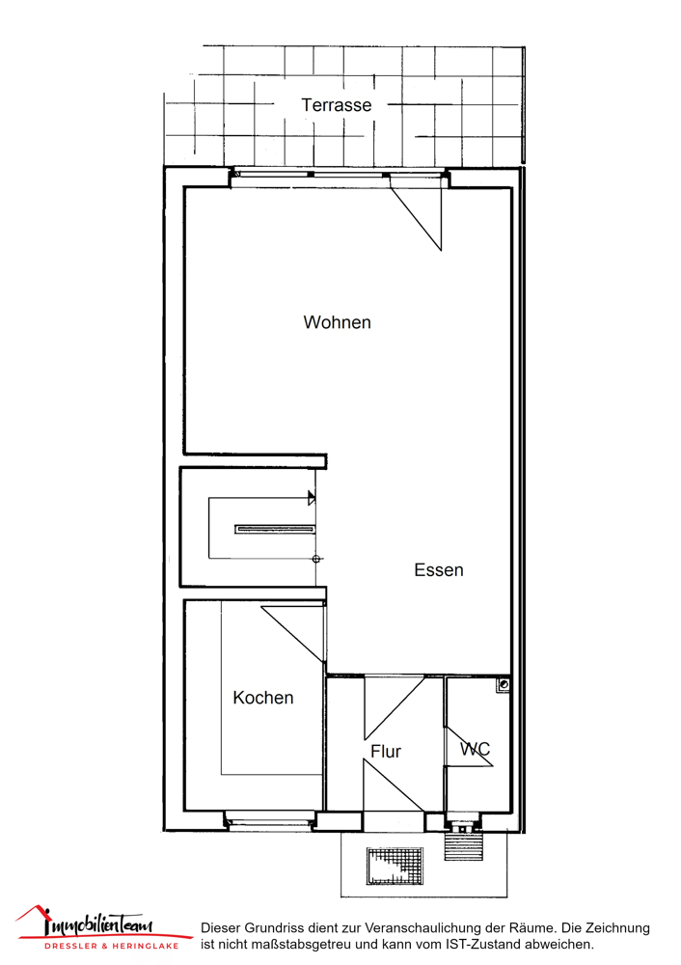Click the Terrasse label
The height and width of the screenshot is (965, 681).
tap(337, 105)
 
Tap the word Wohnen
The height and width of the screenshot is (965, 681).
tap(337, 322)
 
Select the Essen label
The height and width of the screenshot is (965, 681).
tap(439, 570)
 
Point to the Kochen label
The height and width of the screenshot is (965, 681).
tap(263, 698)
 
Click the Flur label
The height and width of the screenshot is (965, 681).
tap(386, 752)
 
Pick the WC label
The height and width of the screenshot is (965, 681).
tap(475, 749)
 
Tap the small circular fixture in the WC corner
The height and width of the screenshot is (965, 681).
tap(504, 684)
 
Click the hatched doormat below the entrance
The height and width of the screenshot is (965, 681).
tap(395, 866)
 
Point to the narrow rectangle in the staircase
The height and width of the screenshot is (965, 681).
tap(275, 529)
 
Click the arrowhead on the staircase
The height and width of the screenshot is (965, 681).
tap(312, 498)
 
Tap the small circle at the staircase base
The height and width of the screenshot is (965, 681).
tap(316, 559)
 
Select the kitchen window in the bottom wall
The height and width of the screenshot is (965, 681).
tap(269, 819)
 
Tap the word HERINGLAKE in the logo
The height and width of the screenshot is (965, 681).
tap(146, 946)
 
